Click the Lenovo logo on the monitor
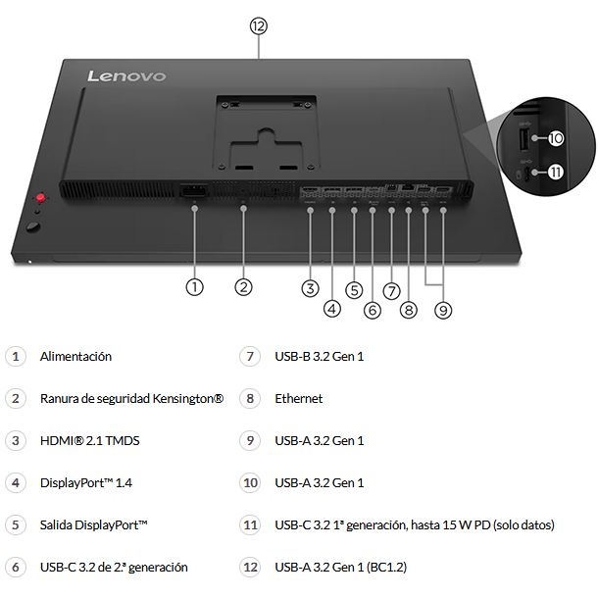[x=126, y=75]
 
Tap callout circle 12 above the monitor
[x=258, y=26]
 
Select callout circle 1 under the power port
[x=194, y=287]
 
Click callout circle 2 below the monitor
[x=244, y=287]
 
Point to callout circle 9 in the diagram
[x=443, y=309]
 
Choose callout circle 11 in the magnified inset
[x=556, y=172]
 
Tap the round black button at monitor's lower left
[x=34, y=228]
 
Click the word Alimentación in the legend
[x=75, y=357]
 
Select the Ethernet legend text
[x=298, y=399]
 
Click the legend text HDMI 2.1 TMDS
[x=89, y=441]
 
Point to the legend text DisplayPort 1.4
[x=86, y=483]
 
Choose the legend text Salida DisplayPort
[x=93, y=525]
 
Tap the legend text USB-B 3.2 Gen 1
[x=319, y=357]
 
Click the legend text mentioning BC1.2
[x=338, y=568]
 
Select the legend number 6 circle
[x=15, y=568]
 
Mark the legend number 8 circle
[x=250, y=399]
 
